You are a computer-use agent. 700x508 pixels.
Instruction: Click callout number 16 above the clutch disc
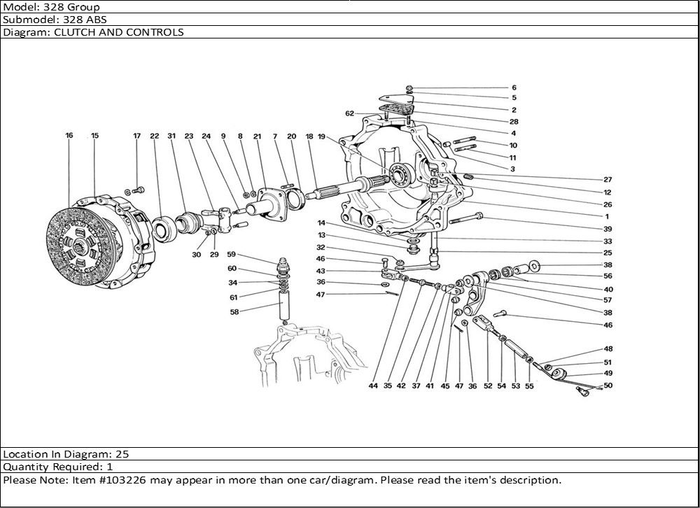point(69,136)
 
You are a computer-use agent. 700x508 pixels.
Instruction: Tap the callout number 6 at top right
point(513,87)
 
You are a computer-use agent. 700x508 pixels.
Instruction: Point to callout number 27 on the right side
point(608,180)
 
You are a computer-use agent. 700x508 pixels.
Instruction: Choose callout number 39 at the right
point(608,230)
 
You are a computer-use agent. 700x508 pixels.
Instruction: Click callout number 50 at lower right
point(608,386)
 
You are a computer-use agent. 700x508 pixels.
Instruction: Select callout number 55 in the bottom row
point(529,386)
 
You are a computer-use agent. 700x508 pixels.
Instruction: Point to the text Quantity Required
point(48,466)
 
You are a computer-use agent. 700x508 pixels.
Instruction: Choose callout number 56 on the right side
point(608,276)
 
